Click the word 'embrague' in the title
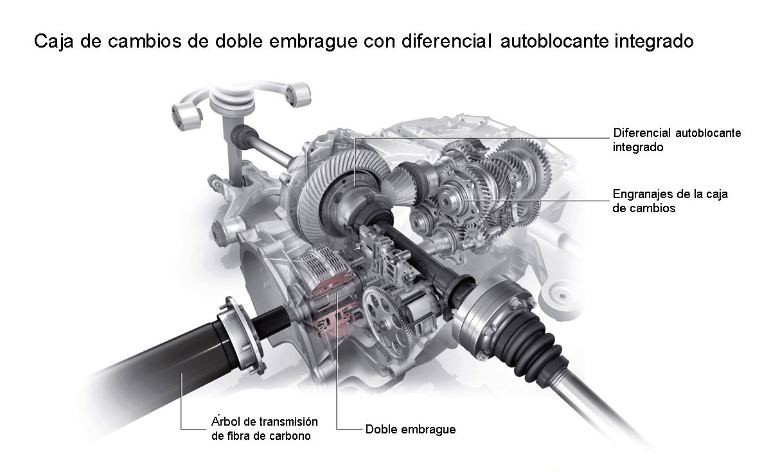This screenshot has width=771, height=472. click(314, 42)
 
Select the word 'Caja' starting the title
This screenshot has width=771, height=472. click(54, 42)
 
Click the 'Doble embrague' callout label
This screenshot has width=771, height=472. click(411, 430)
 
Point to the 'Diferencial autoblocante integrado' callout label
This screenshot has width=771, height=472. click(677, 140)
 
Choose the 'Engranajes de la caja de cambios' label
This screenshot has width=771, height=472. click(670, 201)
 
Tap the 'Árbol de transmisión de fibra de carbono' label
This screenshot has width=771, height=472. click(264, 428)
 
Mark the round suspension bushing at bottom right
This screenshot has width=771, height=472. click(561, 296)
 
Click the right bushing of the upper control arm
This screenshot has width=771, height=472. click(297, 94)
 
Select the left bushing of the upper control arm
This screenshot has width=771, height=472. click(186, 116)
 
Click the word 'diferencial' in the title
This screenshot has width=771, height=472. click(447, 41)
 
